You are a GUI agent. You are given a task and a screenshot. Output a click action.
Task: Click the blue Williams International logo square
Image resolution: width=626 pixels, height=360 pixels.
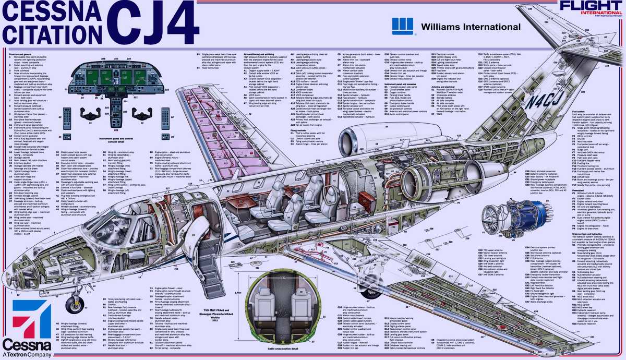pos(402,27)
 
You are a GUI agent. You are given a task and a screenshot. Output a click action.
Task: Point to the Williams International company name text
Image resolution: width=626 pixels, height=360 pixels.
pos(471,27)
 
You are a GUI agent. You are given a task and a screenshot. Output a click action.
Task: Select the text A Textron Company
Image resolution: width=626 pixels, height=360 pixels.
pos(26,355)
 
